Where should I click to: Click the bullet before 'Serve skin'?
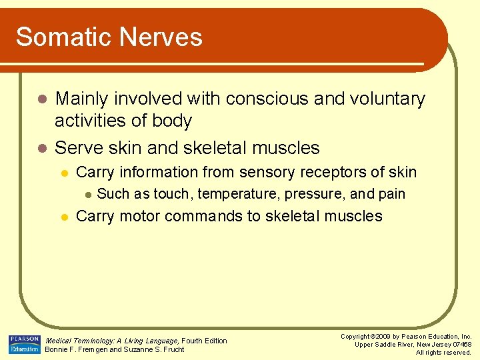click(x=41, y=147)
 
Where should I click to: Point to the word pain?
click(x=391, y=194)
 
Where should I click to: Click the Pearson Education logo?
click(x=24, y=345)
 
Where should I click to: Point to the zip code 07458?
click(x=461, y=345)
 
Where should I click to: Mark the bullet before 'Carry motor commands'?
click(x=63, y=217)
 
